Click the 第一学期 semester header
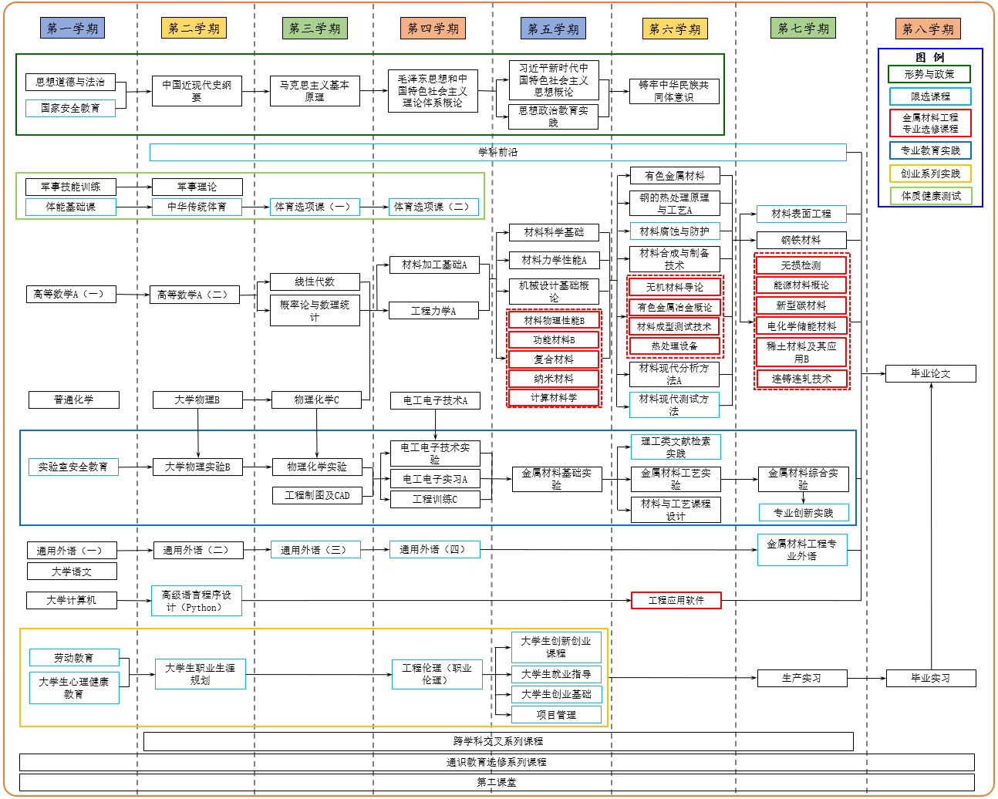tap(72, 29)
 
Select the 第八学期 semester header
tap(928, 29)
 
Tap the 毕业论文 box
tap(930, 374)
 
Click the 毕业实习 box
tap(930, 679)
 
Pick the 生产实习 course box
tap(802, 679)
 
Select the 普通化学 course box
tap(74, 399)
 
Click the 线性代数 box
tap(315, 282)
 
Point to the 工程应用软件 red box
tap(676, 600)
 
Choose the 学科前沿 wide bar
tap(497, 152)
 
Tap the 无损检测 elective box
tap(801, 265)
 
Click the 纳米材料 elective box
tap(554, 379)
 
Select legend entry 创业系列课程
tap(930, 174)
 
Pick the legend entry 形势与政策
tap(929, 74)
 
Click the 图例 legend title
tap(929, 57)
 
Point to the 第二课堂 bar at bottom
tap(497, 782)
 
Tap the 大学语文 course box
tap(72, 571)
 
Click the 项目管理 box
tap(556, 715)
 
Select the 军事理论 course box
tap(197, 187)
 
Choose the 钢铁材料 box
tap(801, 240)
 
